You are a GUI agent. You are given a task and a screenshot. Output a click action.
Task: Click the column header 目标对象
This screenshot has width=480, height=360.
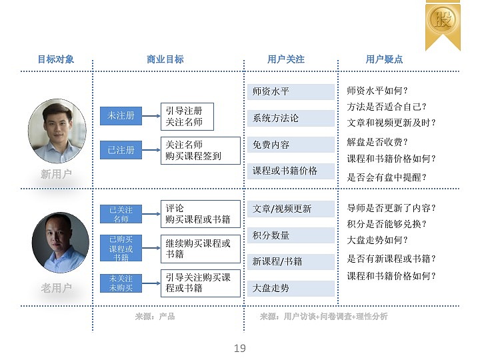pyautogui.click(x=56, y=59)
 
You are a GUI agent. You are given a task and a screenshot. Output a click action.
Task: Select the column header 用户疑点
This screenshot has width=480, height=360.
pyautogui.click(x=384, y=59)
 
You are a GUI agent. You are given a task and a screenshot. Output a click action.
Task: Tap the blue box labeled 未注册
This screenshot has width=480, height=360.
pyautogui.click(x=121, y=116)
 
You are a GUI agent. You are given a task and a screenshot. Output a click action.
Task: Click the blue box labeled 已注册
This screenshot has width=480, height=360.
pyautogui.click(x=121, y=150)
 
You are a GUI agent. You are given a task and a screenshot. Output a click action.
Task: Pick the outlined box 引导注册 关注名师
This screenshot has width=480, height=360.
pyautogui.click(x=187, y=117)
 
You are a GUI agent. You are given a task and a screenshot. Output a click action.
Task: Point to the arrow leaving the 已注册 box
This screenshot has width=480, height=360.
pyautogui.click(x=151, y=150)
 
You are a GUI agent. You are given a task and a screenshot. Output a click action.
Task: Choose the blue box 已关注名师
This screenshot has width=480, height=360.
pyautogui.click(x=121, y=214)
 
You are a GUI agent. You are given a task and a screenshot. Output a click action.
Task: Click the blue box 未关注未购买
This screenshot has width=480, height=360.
pyautogui.click(x=121, y=283)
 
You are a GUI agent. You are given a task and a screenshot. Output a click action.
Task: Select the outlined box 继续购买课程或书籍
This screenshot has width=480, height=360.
pyautogui.click(x=201, y=249)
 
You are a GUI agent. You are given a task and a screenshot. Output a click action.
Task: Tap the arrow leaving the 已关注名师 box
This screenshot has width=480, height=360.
pyautogui.click(x=151, y=214)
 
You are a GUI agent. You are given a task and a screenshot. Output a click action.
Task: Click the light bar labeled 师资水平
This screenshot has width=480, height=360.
pyautogui.click(x=291, y=91)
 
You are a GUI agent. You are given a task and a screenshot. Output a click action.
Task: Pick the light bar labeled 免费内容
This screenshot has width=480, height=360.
pyautogui.click(x=291, y=145)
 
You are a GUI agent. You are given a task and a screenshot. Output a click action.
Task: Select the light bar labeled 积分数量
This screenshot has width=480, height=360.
pyautogui.click(x=291, y=235)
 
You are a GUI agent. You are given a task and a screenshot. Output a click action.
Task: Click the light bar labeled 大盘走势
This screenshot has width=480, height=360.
pyautogui.click(x=291, y=289)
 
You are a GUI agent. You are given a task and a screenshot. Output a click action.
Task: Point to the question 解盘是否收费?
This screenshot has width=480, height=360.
pyautogui.click(x=377, y=142)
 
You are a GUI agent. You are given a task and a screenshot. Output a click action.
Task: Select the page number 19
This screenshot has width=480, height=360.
pyautogui.click(x=240, y=349)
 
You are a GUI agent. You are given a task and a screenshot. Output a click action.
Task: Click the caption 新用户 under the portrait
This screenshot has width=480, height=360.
pyautogui.click(x=56, y=174)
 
